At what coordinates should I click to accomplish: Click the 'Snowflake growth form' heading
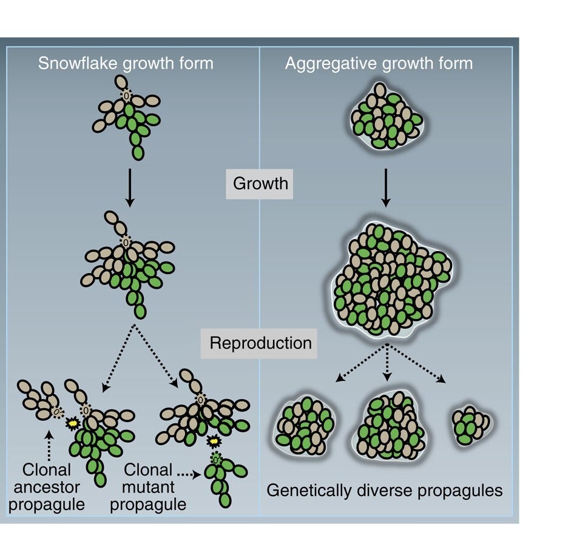click(126, 63)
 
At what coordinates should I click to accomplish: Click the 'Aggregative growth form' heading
click(379, 63)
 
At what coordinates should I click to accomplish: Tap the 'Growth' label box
click(260, 183)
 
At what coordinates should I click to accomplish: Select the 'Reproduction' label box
click(260, 343)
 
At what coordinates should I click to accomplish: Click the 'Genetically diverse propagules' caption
click(385, 490)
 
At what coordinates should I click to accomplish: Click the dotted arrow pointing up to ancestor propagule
click(49, 444)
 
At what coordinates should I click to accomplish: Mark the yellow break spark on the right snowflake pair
click(214, 439)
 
